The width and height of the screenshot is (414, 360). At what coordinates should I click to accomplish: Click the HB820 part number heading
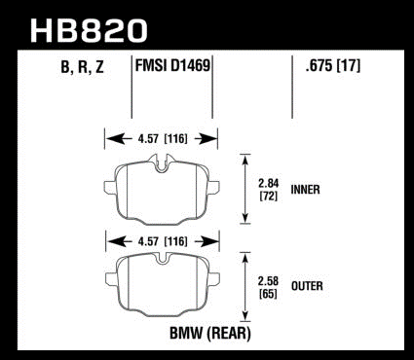pos(89,30)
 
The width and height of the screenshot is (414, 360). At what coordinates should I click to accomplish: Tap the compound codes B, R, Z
pos(82,67)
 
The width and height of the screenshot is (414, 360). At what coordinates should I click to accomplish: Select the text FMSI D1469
pos(172,65)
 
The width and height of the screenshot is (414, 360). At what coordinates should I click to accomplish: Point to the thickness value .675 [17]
pos(333,66)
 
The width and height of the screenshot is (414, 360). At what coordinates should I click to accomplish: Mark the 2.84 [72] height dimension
pos(269,190)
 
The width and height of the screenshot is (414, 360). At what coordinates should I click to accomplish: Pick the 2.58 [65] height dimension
pos(269,287)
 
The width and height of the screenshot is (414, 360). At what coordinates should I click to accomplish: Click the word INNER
pos(305,190)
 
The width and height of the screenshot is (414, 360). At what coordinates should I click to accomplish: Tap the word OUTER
pos(307,286)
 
